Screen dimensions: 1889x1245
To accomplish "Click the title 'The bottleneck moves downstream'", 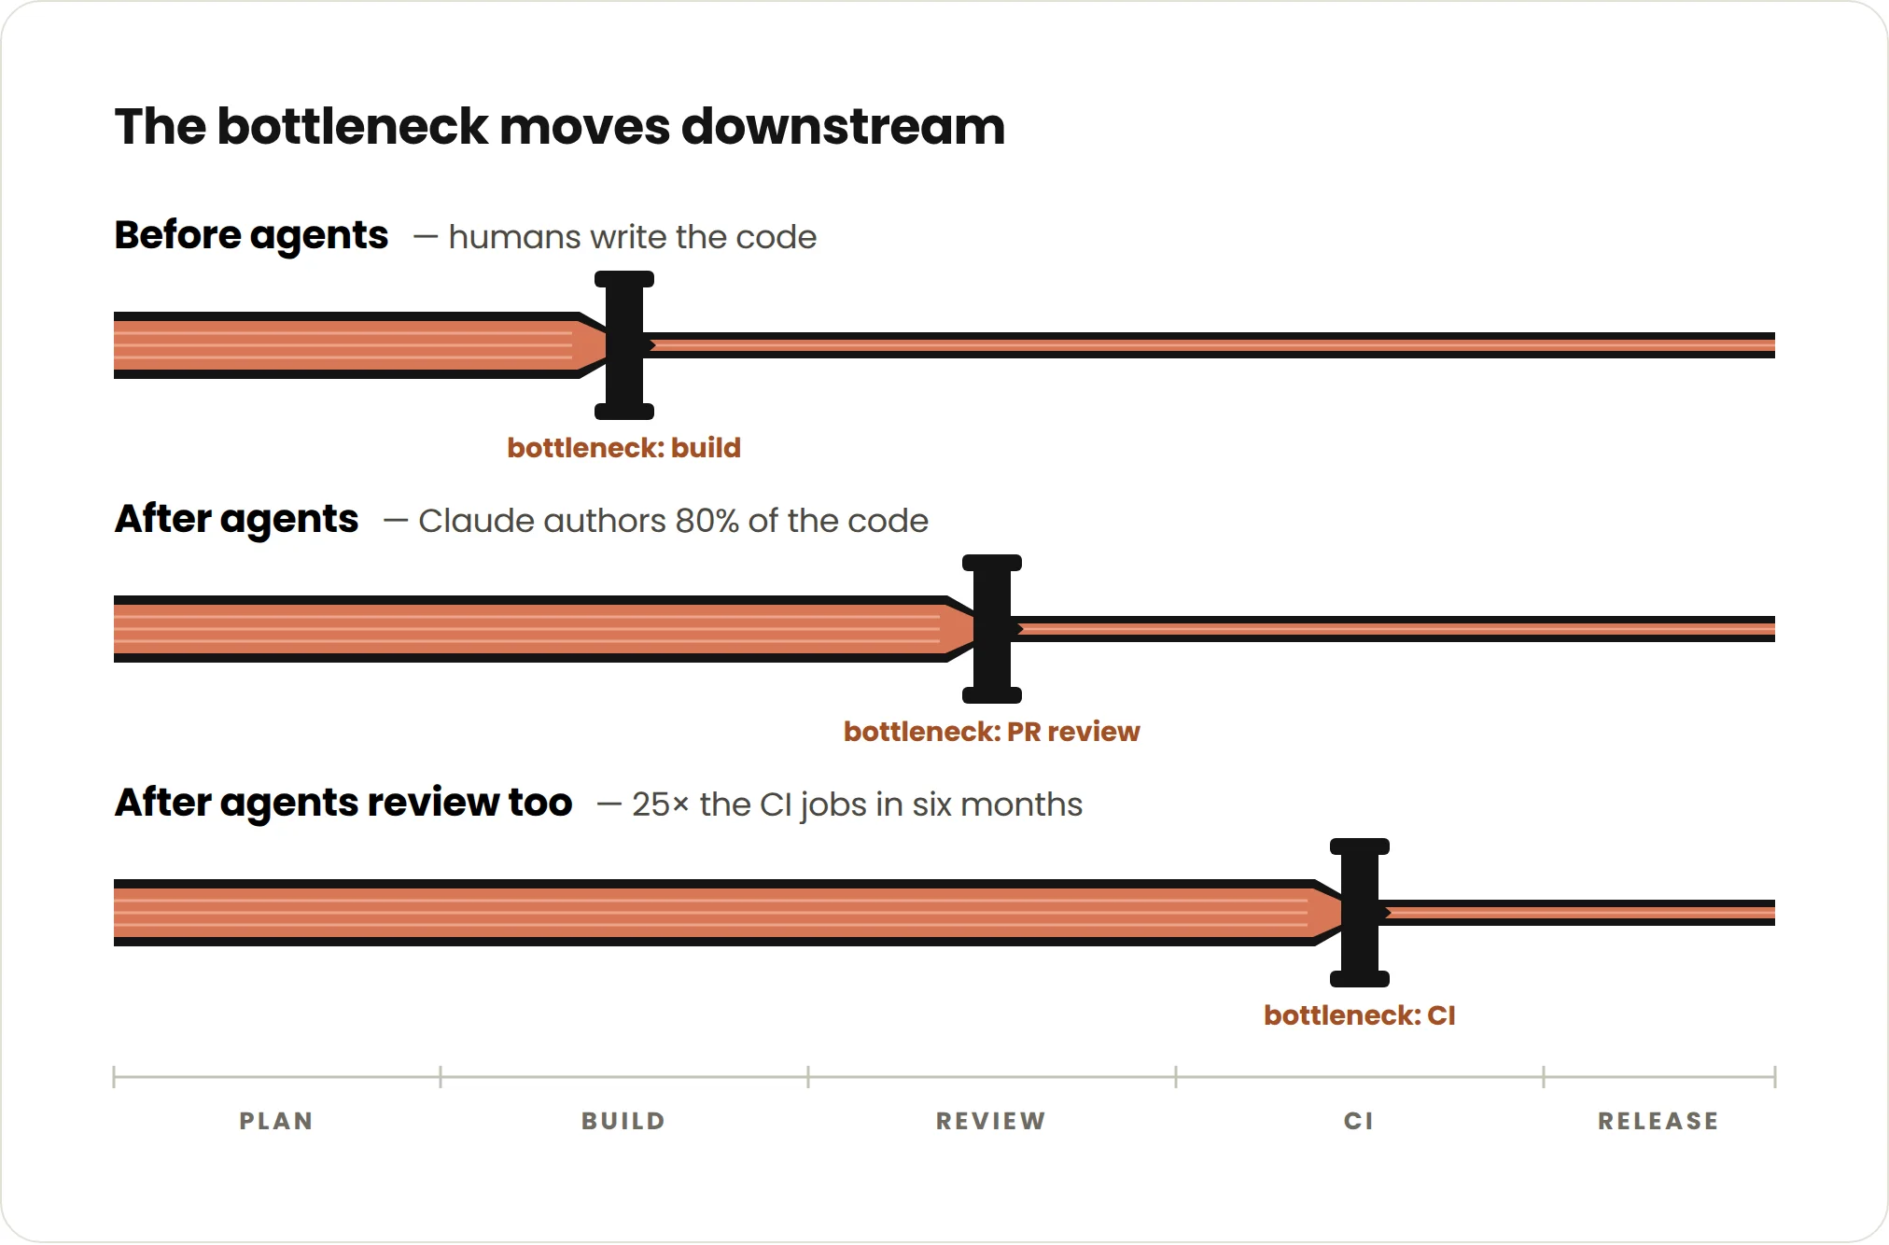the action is coord(560,127).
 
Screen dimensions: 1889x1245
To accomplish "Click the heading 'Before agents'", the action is coord(251,235).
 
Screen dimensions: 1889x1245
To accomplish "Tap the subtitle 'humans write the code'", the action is coord(633,237).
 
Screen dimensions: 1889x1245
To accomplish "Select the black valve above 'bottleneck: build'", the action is coord(624,345).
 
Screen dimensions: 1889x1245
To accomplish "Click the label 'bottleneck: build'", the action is coord(623,448).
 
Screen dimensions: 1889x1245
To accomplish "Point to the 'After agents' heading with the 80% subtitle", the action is coord(236,519).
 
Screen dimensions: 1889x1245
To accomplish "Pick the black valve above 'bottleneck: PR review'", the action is coord(992,629).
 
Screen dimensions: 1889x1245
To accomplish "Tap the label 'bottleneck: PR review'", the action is coord(991,732).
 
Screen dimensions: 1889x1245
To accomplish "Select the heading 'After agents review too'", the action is coord(343,803).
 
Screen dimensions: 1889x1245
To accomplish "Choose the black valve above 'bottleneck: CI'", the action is coord(1360,913).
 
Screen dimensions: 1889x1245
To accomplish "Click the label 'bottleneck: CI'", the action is coord(1360,1015).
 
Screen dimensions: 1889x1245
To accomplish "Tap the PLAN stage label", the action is coord(276,1121).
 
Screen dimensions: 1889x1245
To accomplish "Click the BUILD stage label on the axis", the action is coord(623,1121).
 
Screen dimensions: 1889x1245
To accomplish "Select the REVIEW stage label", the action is coord(991,1121).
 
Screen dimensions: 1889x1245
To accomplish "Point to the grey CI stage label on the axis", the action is coord(1359,1121).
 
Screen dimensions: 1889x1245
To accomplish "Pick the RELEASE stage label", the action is coord(1658,1121).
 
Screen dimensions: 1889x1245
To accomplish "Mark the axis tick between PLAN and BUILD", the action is coord(441,1077).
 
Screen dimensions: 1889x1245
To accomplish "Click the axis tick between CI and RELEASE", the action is coord(1544,1077).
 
